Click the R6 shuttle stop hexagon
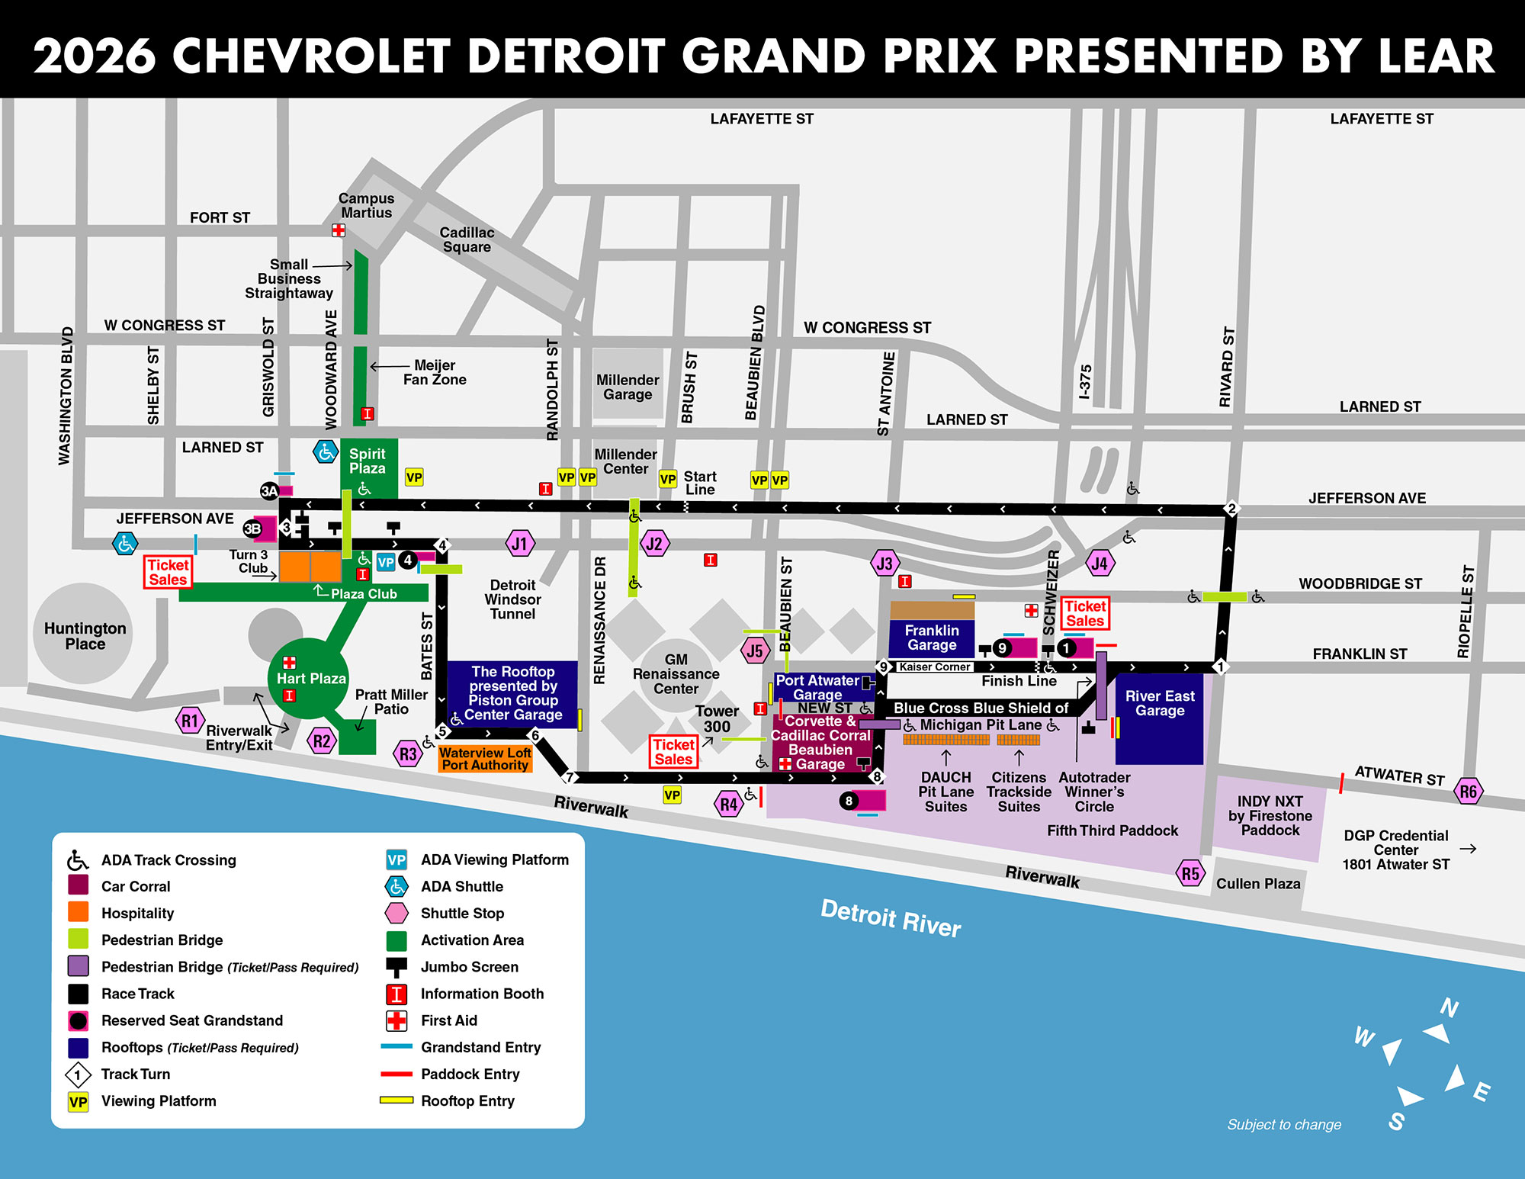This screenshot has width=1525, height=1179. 1468,791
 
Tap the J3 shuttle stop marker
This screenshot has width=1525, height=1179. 884,564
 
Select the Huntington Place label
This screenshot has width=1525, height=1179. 85,636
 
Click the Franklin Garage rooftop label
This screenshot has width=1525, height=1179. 932,638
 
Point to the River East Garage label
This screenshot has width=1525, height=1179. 1159,703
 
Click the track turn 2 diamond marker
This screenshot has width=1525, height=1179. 1231,509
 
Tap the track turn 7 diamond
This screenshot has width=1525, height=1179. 569,778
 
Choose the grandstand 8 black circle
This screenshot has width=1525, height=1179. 849,801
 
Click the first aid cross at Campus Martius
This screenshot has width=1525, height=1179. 339,230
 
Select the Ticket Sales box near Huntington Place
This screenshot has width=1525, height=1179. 168,572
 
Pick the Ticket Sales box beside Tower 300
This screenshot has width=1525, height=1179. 674,751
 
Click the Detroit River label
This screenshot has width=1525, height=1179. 890,917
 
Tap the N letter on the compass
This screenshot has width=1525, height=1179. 1450,1008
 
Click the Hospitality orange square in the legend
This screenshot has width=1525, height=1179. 78,913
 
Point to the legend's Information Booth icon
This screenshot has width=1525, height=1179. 396,994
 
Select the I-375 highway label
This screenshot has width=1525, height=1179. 1085,381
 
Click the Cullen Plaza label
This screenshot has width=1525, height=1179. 1258,884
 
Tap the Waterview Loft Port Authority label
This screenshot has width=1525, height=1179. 485,759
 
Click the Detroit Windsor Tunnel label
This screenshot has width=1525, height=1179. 512,599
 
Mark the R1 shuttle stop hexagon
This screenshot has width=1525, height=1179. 190,721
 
